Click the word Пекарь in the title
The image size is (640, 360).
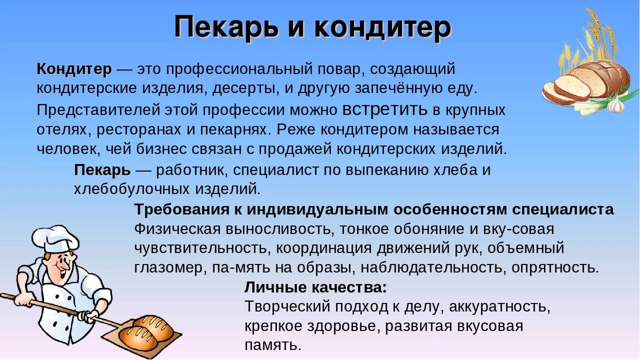point(226,27)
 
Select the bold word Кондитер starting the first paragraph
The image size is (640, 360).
point(74,69)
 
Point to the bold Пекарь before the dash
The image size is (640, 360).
point(102,170)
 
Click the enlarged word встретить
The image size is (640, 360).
point(385,109)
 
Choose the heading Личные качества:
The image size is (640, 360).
point(315,287)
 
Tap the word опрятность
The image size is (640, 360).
point(554,267)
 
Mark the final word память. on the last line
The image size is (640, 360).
point(273,345)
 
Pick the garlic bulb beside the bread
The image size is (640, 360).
point(616,103)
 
